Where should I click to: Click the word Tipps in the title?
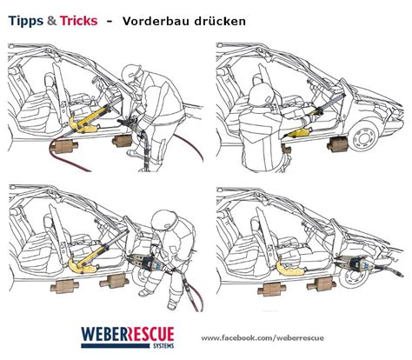26,21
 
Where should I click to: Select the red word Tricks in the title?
78,21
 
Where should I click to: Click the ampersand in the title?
51,21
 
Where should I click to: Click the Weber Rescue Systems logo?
128,337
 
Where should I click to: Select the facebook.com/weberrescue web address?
262,338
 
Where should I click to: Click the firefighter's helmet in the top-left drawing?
131,73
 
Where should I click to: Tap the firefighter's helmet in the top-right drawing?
262,93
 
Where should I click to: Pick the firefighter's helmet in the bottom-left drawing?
163,220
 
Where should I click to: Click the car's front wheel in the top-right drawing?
363,137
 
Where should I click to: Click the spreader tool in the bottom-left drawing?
146,262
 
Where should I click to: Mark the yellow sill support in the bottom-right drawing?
289,267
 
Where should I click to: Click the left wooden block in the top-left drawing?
63,147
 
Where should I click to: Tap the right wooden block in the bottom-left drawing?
115,281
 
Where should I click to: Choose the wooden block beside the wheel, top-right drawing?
337,144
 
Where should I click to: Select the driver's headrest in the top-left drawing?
50,79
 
